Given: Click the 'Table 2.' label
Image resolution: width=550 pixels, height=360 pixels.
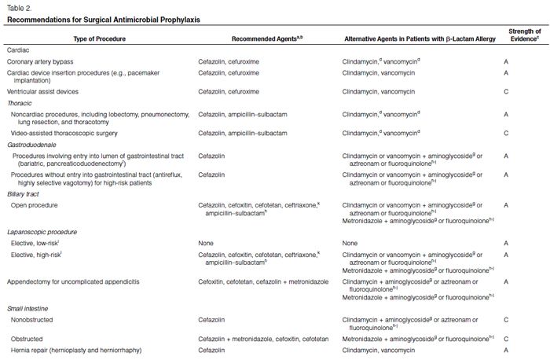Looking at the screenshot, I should tap(17, 8).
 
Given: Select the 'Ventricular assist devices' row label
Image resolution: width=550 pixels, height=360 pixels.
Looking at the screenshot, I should tap(46, 91).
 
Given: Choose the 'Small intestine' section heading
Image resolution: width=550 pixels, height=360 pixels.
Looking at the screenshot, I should tap(27, 307).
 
